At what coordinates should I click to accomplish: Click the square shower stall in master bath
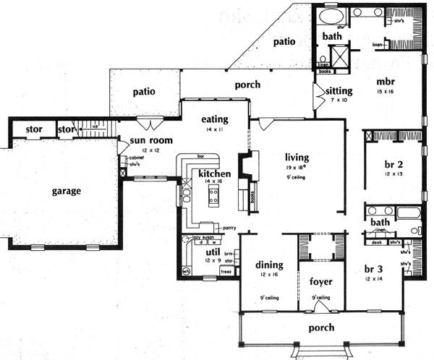click(x=338, y=56)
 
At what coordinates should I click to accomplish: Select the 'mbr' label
click(x=383, y=81)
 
